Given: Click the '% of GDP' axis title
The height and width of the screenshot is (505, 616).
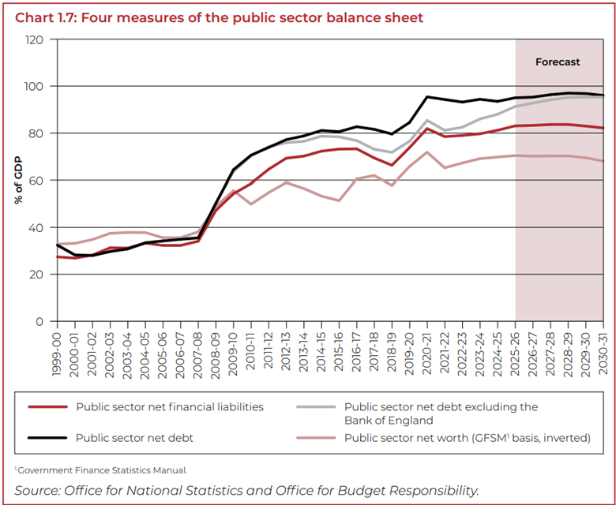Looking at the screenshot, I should coord(17,180).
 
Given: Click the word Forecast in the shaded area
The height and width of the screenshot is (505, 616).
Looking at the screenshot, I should coord(558,62).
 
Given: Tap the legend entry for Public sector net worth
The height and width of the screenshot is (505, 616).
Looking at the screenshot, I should coord(467,437).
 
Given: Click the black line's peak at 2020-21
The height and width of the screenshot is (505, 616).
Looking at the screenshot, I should coord(427,97).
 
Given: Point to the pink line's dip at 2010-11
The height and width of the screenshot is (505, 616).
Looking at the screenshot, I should coord(251,204).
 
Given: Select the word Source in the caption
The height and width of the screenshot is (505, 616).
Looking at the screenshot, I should coord(36,490).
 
